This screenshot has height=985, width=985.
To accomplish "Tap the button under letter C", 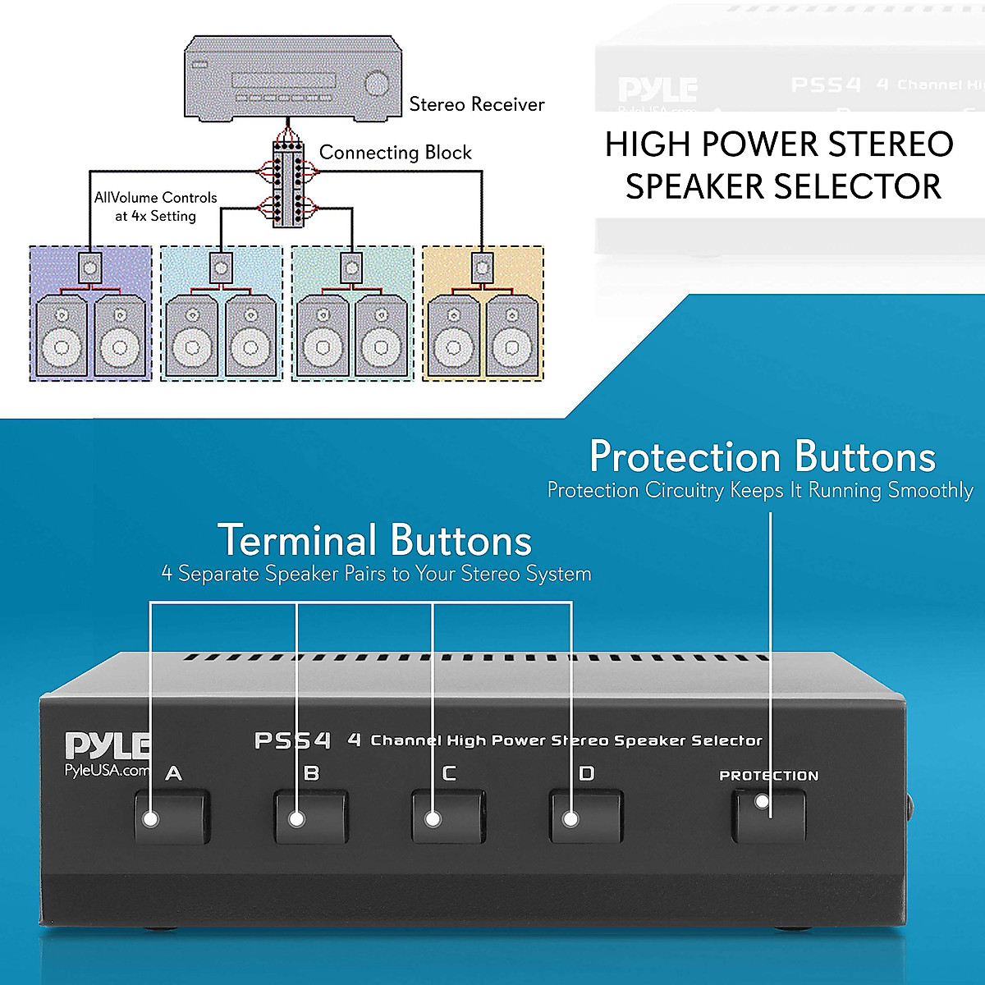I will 447,817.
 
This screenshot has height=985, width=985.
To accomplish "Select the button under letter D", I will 585,817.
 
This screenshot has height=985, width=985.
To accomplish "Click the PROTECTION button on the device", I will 768,815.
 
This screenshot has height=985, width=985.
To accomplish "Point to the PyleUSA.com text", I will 107,770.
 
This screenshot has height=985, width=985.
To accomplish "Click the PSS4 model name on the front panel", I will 292,740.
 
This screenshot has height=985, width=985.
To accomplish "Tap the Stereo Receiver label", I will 476,104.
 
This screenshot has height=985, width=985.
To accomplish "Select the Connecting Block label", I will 395,153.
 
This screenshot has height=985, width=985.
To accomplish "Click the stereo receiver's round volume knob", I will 377,84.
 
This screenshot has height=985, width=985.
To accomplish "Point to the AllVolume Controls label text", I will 155,198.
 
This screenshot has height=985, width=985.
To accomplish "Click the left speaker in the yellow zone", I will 453,337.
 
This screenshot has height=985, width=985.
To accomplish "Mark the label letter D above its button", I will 586,773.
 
